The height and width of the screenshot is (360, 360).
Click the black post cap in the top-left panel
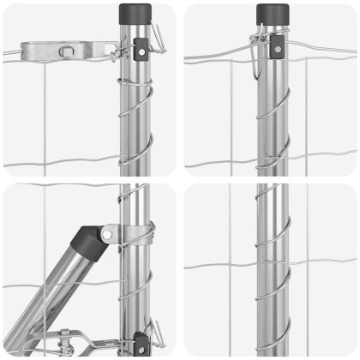point(135,14)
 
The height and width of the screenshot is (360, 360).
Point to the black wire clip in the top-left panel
point(140,51)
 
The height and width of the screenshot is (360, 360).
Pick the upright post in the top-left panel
point(135,111)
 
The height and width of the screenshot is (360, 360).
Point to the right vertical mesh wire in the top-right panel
point(308,111)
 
